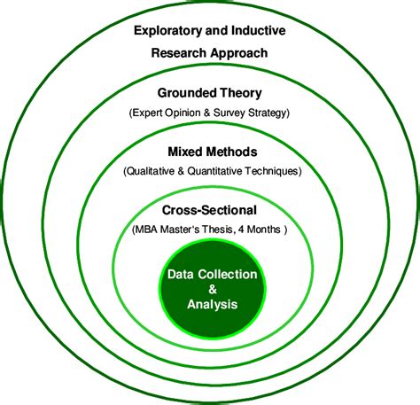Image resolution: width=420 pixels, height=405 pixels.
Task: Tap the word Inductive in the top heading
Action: click(x=253, y=31)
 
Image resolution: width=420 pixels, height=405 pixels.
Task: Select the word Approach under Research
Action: click(x=236, y=52)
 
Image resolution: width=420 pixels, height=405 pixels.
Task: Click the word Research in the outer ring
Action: click(x=182, y=52)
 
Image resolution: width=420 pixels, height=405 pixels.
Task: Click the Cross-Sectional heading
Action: click(x=209, y=211)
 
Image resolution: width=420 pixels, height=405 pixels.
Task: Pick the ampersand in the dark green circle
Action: click(x=211, y=290)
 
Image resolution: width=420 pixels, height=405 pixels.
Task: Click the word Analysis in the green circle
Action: click(x=212, y=305)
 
